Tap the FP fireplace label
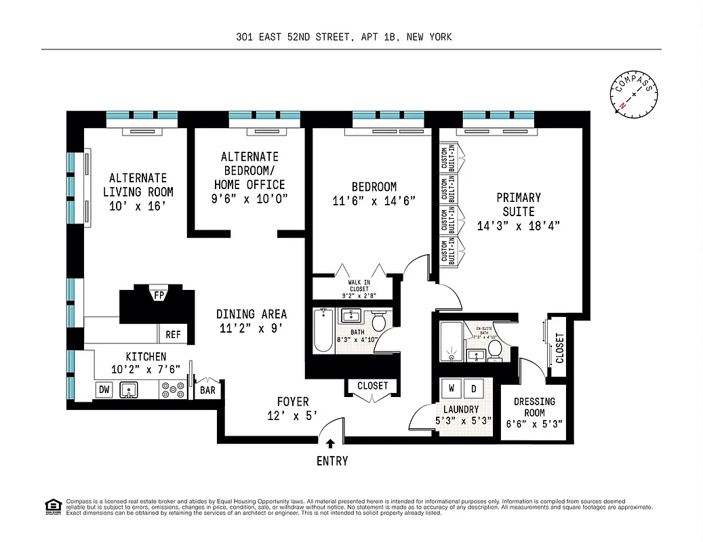(x=159, y=295)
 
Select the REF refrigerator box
(x=174, y=334)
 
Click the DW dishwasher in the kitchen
(x=104, y=390)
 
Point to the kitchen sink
(x=129, y=390)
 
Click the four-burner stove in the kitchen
(x=173, y=390)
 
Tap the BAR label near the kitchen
(x=207, y=390)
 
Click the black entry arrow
(x=330, y=444)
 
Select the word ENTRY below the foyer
(x=332, y=461)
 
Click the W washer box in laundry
(x=451, y=389)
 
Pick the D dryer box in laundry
(x=474, y=389)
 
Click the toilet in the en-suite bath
(x=495, y=349)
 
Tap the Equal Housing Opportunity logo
(x=52, y=506)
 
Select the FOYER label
(x=293, y=402)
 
